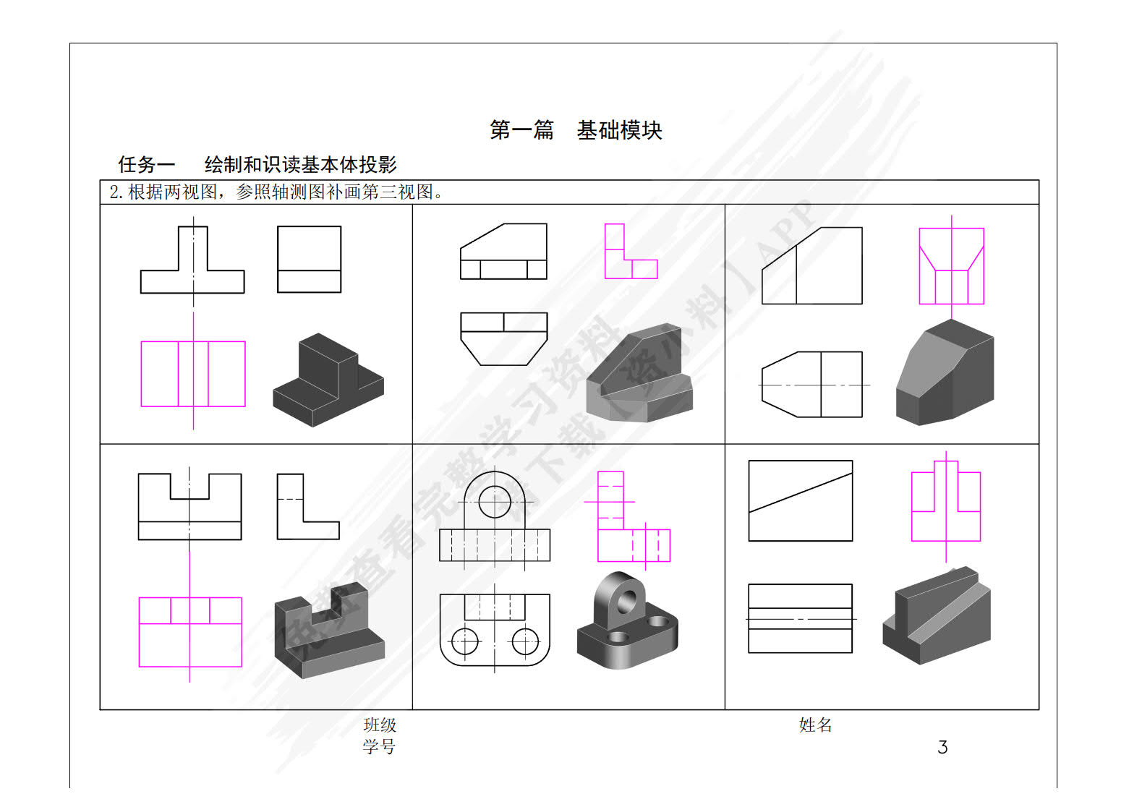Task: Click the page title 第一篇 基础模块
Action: tap(576, 130)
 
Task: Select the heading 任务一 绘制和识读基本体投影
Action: tap(257, 165)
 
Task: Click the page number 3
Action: tap(942, 747)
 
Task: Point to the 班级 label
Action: tap(380, 725)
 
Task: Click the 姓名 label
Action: tap(815, 725)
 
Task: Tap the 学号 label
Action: tap(380, 746)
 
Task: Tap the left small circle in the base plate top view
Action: tap(465, 640)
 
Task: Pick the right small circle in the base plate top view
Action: tap(525, 640)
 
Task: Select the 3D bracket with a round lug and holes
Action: tap(626, 622)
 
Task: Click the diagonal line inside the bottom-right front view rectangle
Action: tap(801, 493)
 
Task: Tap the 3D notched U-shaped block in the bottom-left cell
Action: tap(329, 629)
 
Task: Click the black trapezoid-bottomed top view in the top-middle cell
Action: tap(504, 338)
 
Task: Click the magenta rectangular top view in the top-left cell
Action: tap(193, 374)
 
